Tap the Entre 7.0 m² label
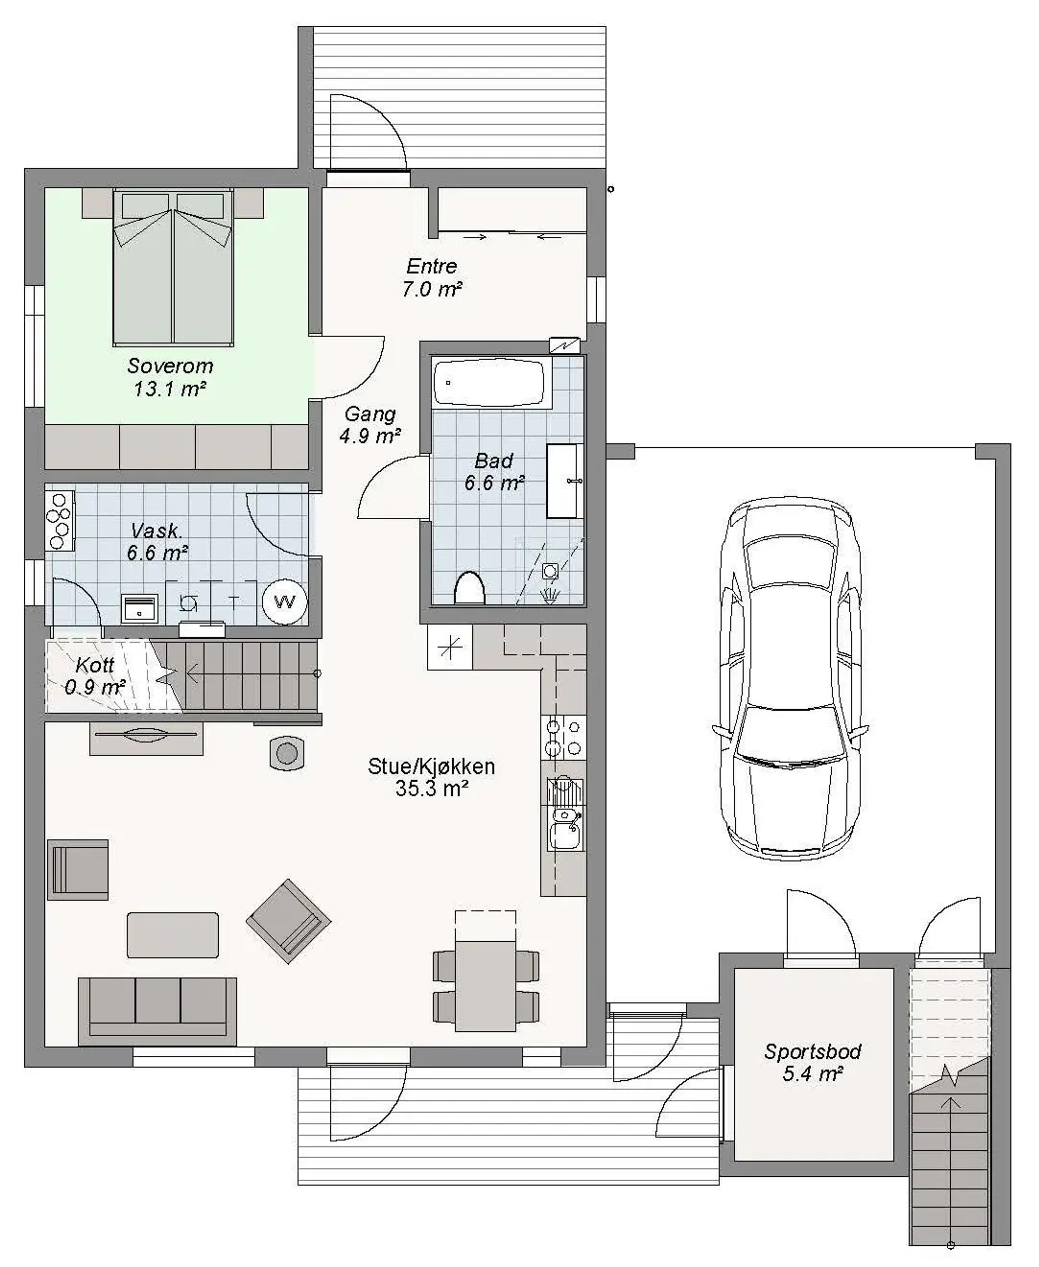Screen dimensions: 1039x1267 tap(432, 278)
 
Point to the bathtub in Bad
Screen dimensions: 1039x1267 tap(488, 382)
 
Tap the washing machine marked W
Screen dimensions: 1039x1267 tap(285, 601)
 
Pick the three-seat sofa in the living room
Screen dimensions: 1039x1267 tap(157, 1011)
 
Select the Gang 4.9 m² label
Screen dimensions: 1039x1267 tap(370, 425)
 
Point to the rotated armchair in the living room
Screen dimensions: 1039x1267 tap(288, 921)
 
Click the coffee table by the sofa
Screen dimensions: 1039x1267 tap(172, 935)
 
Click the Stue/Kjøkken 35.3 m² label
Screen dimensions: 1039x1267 tap(432, 778)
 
